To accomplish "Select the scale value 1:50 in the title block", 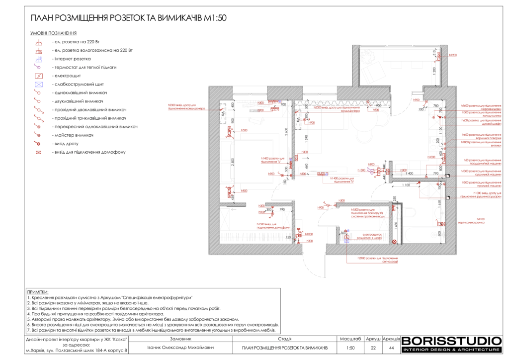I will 350,348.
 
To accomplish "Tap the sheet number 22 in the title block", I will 373,348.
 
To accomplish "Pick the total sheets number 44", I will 391,348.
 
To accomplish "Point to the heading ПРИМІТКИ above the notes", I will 38,292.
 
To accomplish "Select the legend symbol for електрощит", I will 38,76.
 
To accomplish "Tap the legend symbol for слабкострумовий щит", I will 38,85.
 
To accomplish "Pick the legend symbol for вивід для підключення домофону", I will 38,152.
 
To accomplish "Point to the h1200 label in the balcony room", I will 452,55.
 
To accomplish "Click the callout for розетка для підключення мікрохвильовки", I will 480,107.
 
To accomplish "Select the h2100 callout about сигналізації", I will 378,260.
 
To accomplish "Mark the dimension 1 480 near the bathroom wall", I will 396,225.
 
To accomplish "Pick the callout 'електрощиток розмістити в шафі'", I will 372,237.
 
